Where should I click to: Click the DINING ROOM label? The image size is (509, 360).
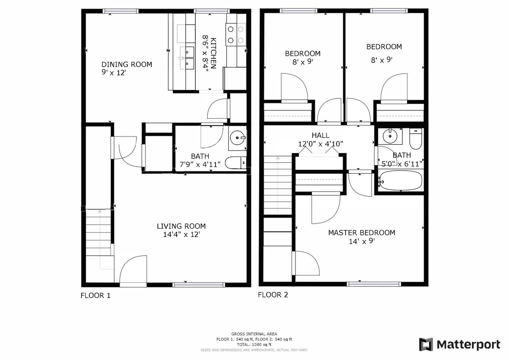click(127, 65)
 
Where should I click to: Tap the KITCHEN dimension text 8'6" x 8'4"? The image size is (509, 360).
click(205, 54)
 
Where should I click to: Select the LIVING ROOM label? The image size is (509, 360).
click(181, 226)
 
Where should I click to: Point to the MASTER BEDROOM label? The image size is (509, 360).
click(362, 233)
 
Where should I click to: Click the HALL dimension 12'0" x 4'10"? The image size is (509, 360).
click(320, 144)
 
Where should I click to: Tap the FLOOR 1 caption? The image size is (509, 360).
click(95, 295)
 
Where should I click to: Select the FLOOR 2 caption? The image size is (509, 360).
click(273, 295)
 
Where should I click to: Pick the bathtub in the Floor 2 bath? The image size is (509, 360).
click(400, 180)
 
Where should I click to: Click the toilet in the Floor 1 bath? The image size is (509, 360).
click(236, 163)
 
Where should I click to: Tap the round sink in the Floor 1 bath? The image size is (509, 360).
click(237, 137)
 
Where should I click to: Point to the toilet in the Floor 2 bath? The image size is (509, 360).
click(416, 139)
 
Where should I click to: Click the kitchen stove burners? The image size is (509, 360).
click(236, 35)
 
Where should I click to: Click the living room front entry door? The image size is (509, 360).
click(133, 271)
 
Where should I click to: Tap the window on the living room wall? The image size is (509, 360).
click(199, 285)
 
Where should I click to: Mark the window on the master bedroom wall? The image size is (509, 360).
click(374, 284)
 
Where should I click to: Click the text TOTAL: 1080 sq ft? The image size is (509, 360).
click(254, 345)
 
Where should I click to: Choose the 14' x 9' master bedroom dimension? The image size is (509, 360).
click(362, 241)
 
